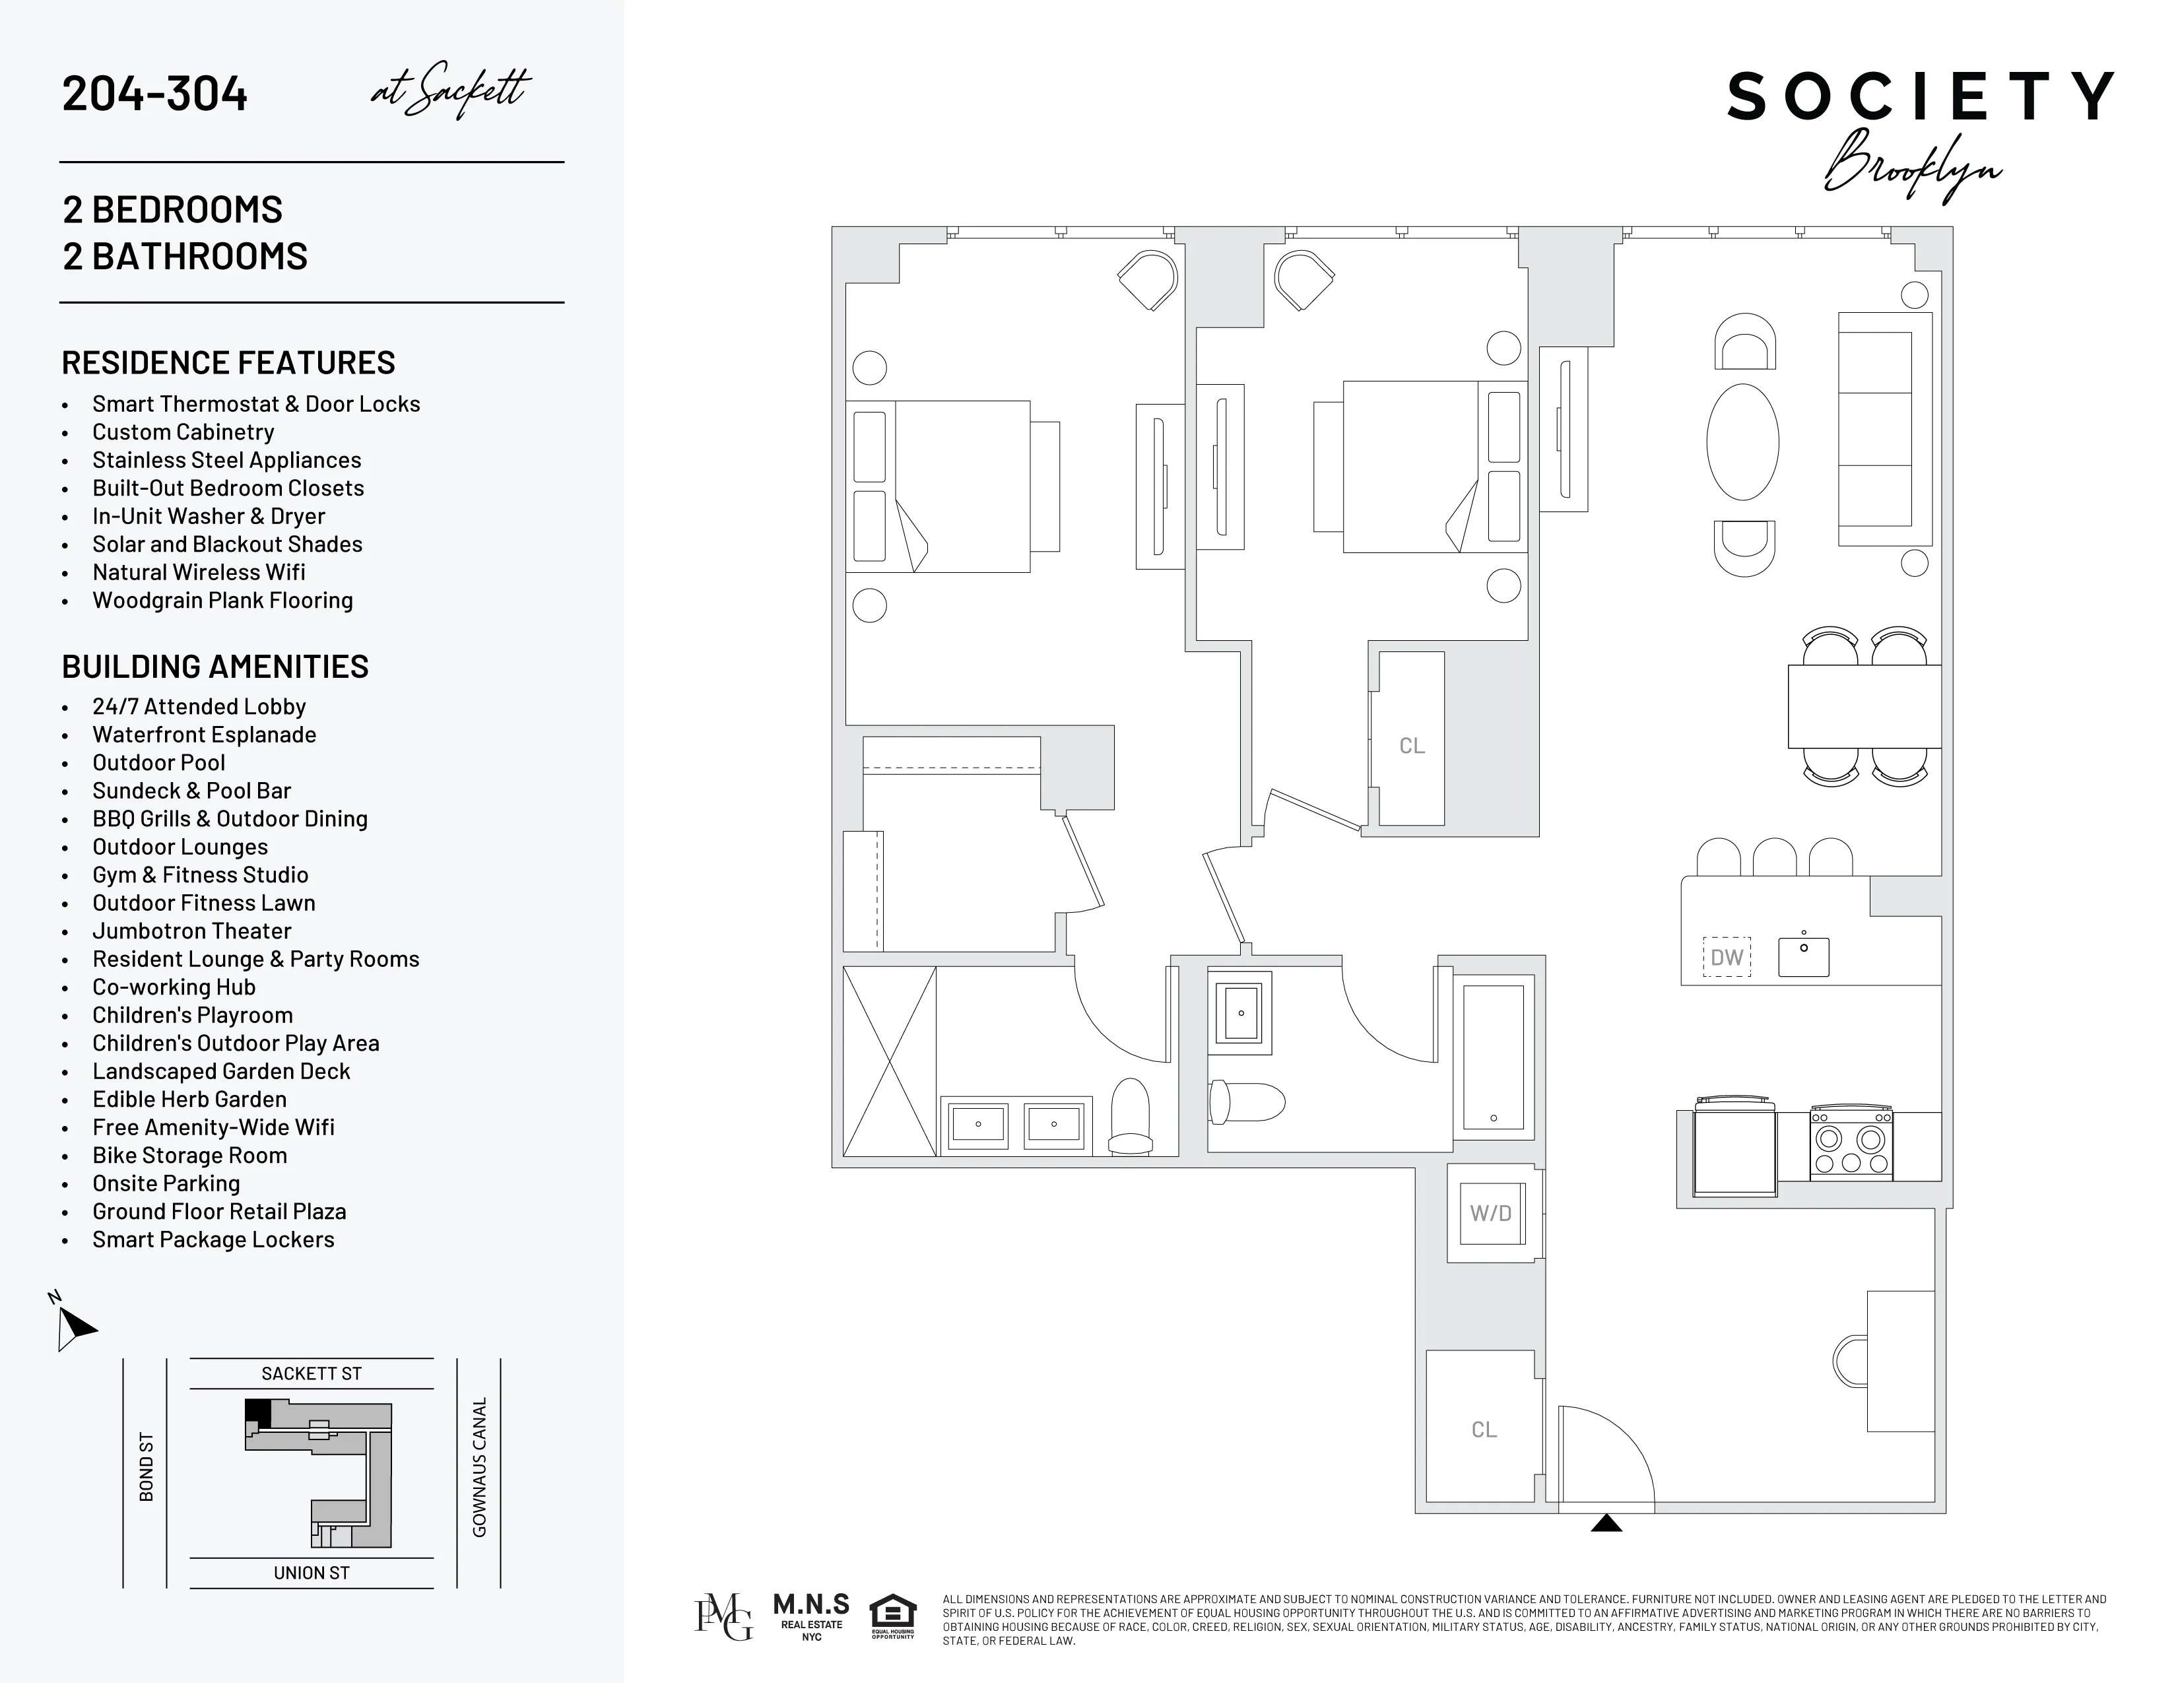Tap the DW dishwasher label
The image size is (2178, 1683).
tap(1727, 957)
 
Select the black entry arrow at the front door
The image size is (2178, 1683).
tap(1606, 1523)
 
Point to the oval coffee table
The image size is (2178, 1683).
tap(1742, 442)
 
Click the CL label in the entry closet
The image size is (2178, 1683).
tap(1484, 1429)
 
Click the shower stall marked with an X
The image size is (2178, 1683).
tap(888, 1061)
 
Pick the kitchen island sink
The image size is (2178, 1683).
tap(1803, 955)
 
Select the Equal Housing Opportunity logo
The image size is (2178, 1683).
tap(892, 1617)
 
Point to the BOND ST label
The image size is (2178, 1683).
tap(147, 1467)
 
